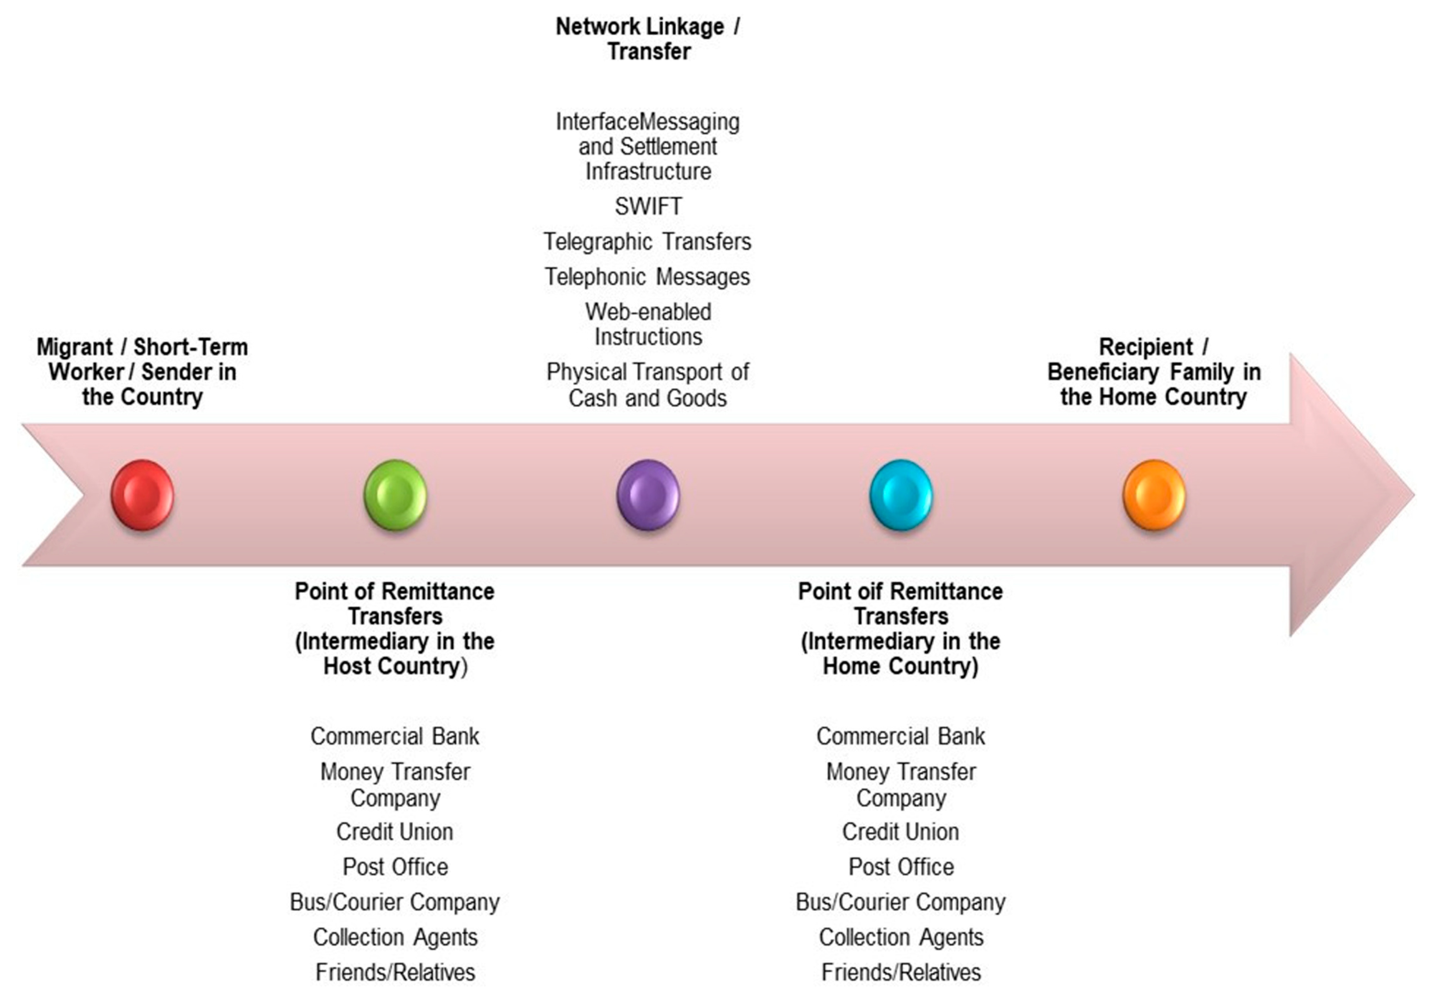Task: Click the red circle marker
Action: [142, 495]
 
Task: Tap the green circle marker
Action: [395, 495]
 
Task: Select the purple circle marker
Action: [648, 495]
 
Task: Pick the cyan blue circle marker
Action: [901, 495]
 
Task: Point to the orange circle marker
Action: [1154, 495]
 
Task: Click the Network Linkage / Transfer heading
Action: [648, 39]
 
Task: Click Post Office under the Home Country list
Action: [901, 867]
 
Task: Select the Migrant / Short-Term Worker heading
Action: [142, 372]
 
